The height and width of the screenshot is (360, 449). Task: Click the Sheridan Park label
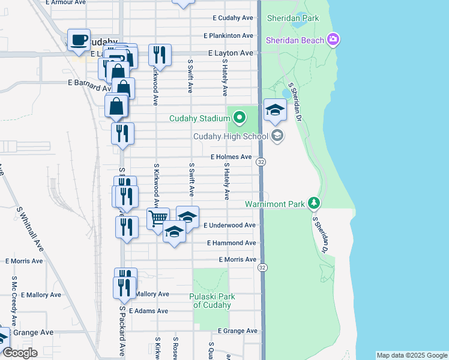tap(294, 19)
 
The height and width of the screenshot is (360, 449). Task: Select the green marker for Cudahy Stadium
tap(240, 116)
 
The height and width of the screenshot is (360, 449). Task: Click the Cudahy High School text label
tap(231, 136)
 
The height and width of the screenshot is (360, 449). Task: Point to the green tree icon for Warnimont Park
tap(313, 203)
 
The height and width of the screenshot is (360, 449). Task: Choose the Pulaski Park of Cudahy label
tap(212, 301)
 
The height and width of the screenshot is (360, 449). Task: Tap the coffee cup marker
tap(79, 40)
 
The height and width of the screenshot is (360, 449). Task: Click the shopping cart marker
tap(158, 218)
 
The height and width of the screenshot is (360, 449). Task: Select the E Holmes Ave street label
tap(231, 157)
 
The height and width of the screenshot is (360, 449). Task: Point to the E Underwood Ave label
tap(230, 225)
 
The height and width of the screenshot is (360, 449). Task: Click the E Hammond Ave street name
tap(231, 243)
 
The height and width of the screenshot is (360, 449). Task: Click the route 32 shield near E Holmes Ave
tap(261, 162)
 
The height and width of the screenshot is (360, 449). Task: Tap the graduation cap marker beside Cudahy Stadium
tap(276, 110)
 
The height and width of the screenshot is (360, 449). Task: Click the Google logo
tap(19, 353)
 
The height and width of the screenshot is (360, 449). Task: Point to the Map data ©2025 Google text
tap(411, 355)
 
